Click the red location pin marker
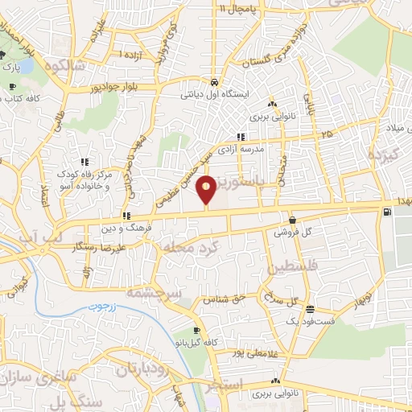(x=207, y=191)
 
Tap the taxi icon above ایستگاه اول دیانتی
(x=214, y=83)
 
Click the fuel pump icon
(x=389, y=212)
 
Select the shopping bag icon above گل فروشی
(x=290, y=220)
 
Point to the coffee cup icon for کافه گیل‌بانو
(x=196, y=331)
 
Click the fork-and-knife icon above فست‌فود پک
(x=309, y=310)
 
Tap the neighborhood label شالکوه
(x=66, y=66)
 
